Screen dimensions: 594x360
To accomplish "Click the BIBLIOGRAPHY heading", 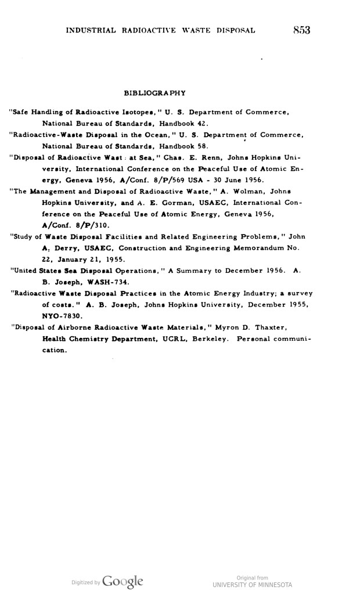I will pos(155,93).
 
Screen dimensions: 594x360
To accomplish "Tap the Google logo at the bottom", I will pos(124,581).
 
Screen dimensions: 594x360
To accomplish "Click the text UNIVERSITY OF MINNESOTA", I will pos(252,584).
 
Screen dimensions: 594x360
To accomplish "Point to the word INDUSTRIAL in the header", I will pos(95,30).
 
